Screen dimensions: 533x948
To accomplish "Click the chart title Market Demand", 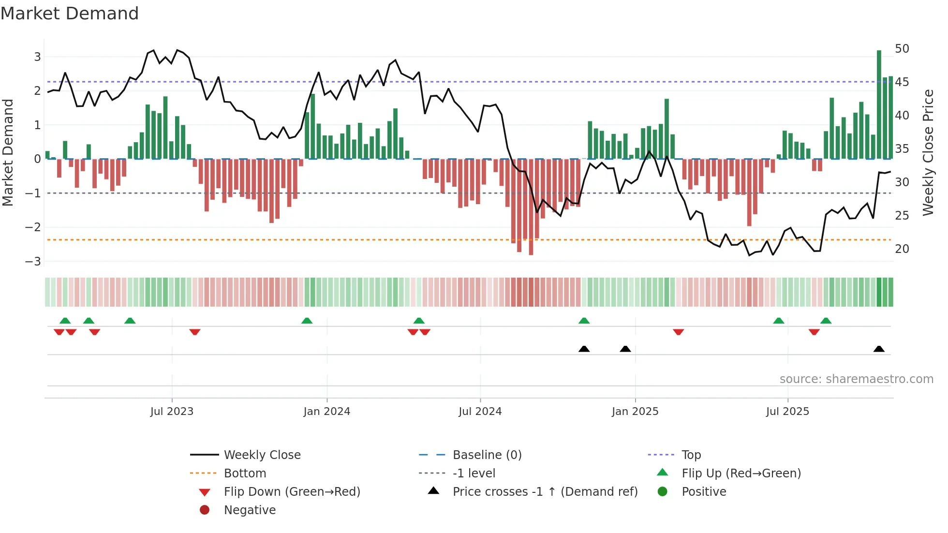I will pyautogui.click(x=70, y=14).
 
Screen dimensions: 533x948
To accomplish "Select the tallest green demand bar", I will pyautogui.click(x=879, y=104).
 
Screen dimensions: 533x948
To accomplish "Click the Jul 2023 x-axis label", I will pyautogui.click(x=172, y=412).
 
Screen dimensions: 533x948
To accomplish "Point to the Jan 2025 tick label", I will pyautogui.click(x=635, y=412).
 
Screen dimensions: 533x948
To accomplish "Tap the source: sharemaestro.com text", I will pyautogui.click(x=856, y=379).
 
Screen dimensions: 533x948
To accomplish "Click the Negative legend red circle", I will pyautogui.click(x=205, y=510).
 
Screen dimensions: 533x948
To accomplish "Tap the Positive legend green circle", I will pyautogui.click(x=663, y=492).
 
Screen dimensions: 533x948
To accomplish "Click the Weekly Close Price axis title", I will pyautogui.click(x=928, y=152).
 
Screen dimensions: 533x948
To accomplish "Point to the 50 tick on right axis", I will pyautogui.click(x=902, y=49).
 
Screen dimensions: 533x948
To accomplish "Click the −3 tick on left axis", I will pyautogui.click(x=33, y=262).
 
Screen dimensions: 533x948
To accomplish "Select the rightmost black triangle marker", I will pyautogui.click(x=879, y=349).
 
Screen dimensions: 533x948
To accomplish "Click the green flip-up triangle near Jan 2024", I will pyautogui.click(x=307, y=321).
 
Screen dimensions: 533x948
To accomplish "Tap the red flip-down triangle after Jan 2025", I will pyautogui.click(x=678, y=332).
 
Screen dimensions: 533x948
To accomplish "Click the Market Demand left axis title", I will pyautogui.click(x=8, y=152).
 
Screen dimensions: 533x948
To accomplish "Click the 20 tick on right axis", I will pyautogui.click(x=902, y=249).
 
